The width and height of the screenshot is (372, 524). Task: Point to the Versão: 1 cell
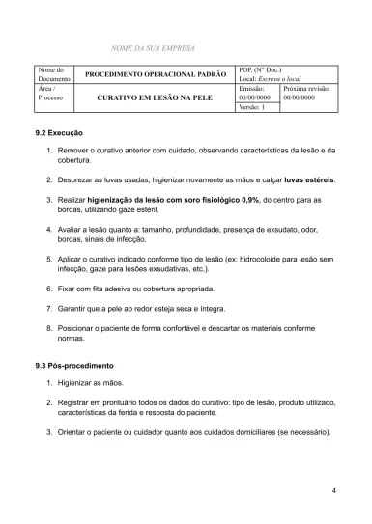[x=253, y=107]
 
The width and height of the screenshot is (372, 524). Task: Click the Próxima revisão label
[x=306, y=88]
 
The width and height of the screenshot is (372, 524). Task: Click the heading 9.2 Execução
[x=59, y=132]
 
